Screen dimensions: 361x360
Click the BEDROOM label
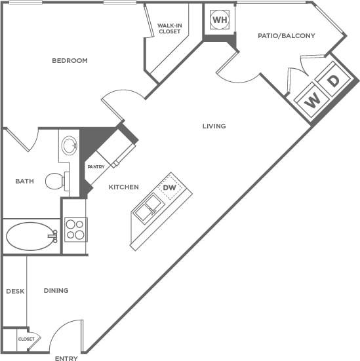coord(70,61)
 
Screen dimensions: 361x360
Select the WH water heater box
coord(218,20)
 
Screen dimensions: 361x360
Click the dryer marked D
coord(333,81)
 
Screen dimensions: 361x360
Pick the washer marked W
coord(313,100)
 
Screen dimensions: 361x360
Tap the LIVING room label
coord(214,126)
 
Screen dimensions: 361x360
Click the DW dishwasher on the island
coord(170,188)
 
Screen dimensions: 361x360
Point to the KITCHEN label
coord(123,187)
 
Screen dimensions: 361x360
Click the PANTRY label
coord(95,167)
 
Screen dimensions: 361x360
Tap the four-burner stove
coord(75,229)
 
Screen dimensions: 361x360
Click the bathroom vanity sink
coord(68,145)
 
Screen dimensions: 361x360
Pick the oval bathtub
coord(30,236)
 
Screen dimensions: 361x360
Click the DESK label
coord(14,291)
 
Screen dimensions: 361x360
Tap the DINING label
coord(56,290)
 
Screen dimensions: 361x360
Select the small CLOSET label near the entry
coord(26,339)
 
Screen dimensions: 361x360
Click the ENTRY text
coord(67,358)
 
